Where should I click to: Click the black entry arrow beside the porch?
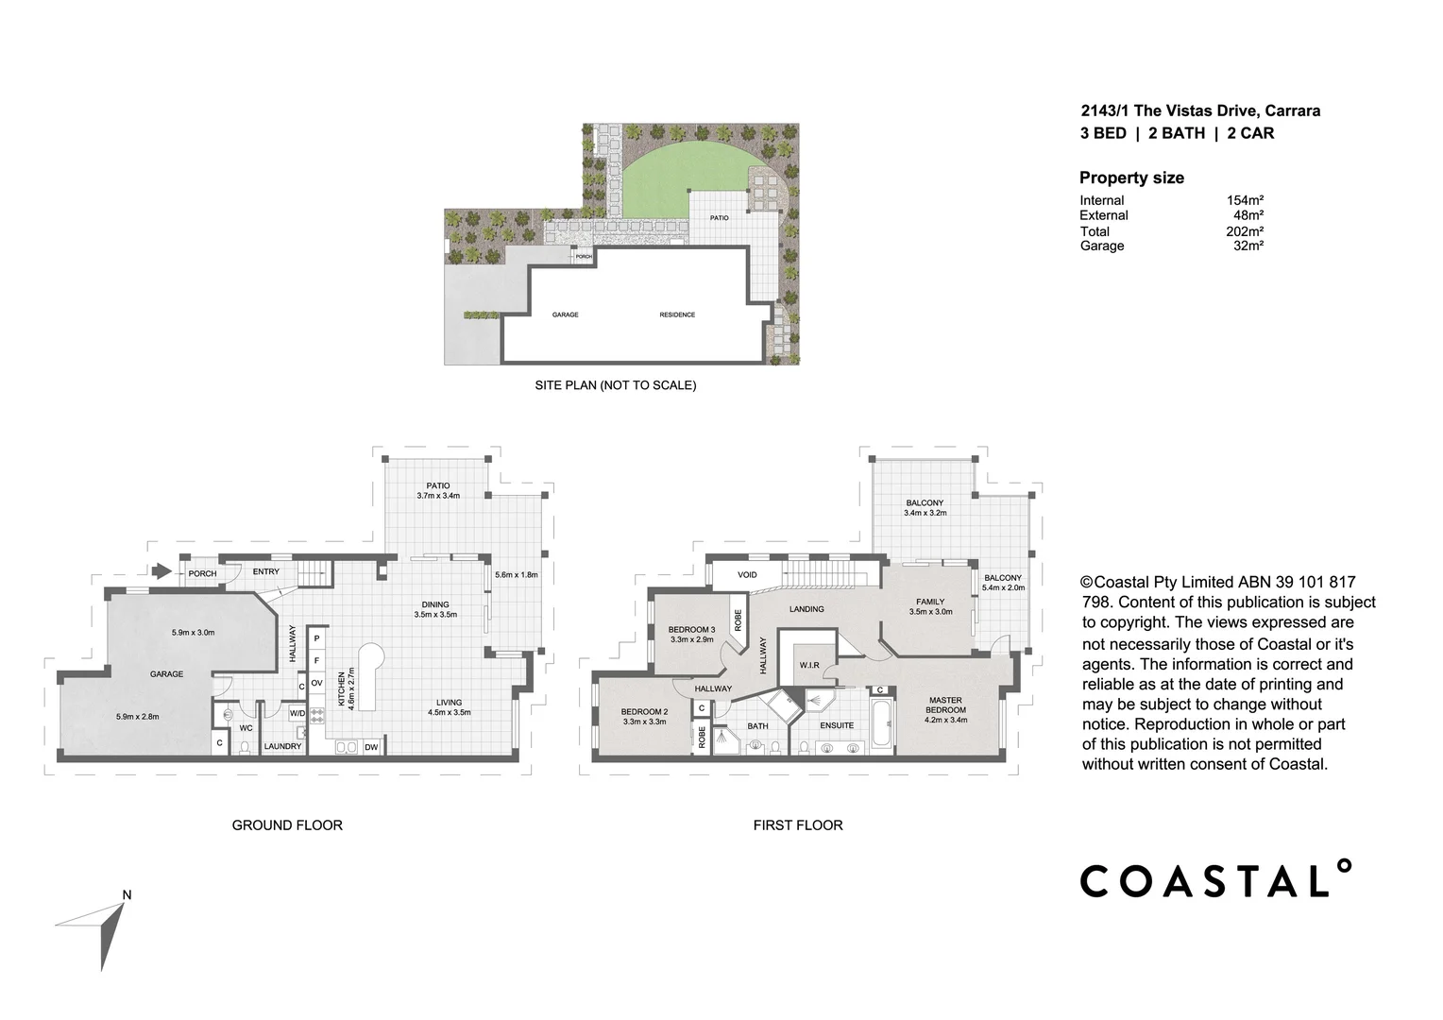click(161, 571)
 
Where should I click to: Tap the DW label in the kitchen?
click(371, 747)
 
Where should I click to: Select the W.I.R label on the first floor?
click(809, 665)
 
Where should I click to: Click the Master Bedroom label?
click(945, 705)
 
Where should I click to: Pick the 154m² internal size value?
click(1244, 200)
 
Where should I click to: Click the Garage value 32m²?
click(1248, 246)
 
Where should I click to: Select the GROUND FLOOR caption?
click(287, 825)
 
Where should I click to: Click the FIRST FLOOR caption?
click(797, 825)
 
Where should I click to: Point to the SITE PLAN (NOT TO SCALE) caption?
click(615, 385)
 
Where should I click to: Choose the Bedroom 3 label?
click(691, 630)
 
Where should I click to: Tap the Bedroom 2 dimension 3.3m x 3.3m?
click(644, 722)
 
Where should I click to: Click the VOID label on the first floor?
click(747, 574)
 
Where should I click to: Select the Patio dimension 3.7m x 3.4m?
click(438, 496)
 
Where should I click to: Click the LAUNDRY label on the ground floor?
click(282, 746)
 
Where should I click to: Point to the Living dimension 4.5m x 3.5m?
click(449, 713)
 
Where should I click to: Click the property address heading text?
click(1200, 110)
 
